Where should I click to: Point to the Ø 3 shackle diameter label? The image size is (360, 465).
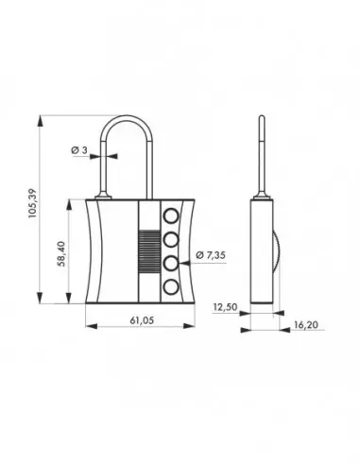point(81,151)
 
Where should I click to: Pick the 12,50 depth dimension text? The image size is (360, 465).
point(225,307)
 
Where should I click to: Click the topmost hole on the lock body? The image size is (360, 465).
point(171,215)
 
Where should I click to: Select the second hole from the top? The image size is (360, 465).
point(171,238)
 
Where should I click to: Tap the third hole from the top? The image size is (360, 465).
point(171,263)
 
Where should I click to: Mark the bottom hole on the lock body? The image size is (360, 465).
point(171,286)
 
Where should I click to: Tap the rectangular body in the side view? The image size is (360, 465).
point(262,250)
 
